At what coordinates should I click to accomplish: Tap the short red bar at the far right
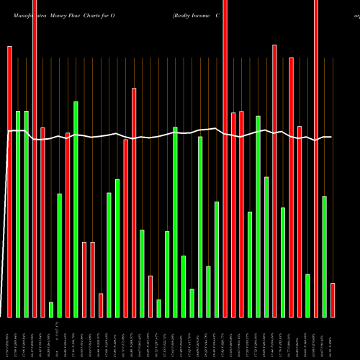[x=333, y=300]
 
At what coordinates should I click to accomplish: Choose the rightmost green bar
[x=325, y=256]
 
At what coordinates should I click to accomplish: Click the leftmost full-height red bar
[x=35, y=158]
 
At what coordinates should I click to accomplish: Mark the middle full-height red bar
[x=225, y=158]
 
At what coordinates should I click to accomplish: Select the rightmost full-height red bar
[x=316, y=158]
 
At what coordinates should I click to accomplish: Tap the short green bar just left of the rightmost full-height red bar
[x=308, y=295]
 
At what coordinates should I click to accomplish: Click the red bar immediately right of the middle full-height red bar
[x=233, y=215]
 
